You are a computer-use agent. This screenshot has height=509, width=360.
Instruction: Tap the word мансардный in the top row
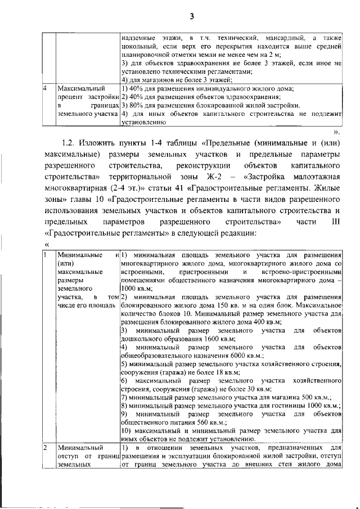click(280, 37)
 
